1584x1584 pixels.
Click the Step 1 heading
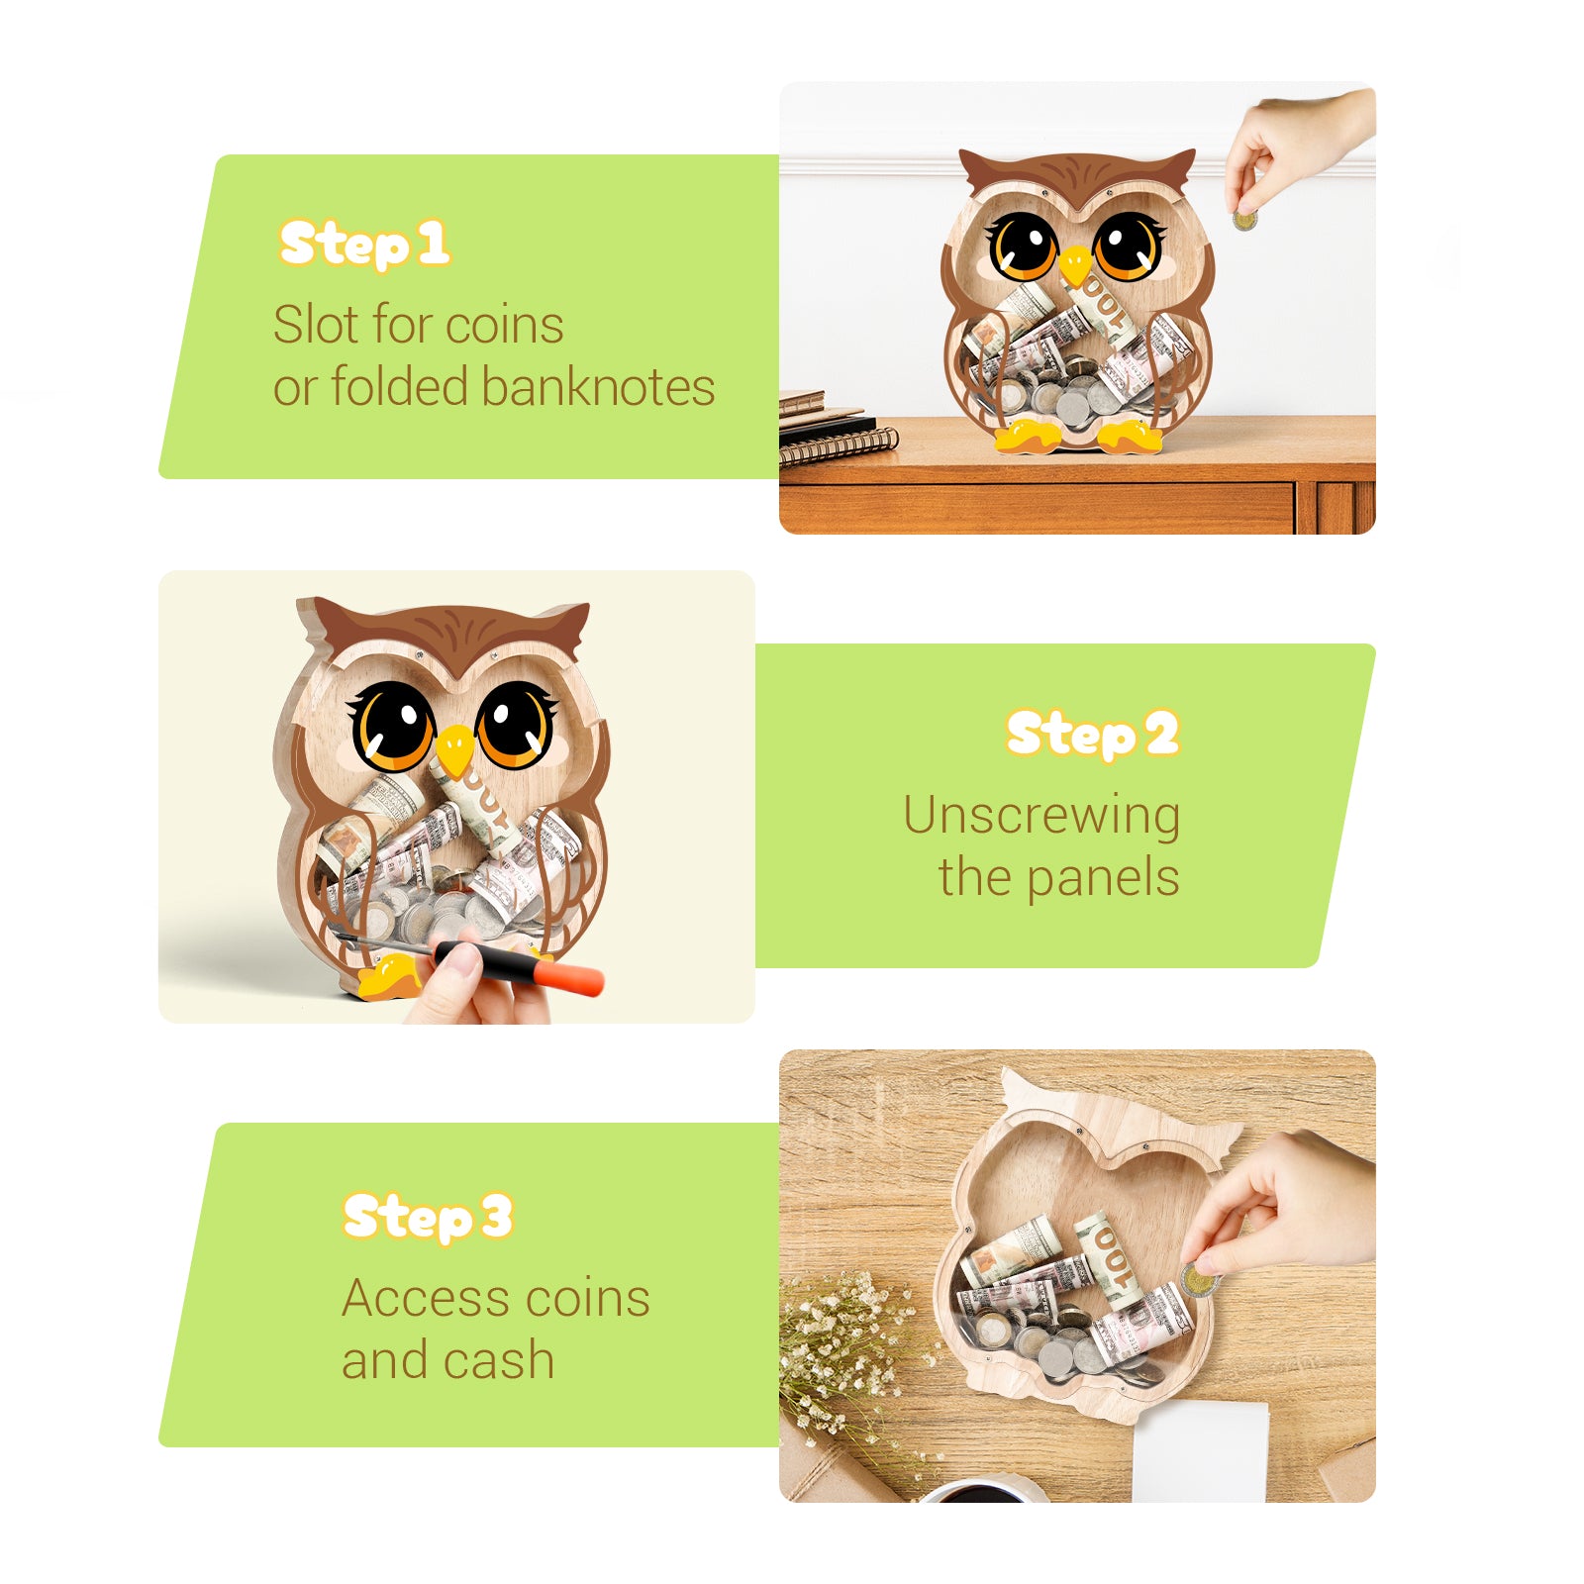363,244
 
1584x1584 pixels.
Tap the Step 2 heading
1092,734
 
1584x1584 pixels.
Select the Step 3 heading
427,1216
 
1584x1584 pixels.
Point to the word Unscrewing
1041,817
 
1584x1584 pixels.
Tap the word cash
498,1360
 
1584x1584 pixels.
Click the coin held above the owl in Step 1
1244,221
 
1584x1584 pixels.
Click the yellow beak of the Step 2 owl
454,749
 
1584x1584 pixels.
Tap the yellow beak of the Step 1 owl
1075,265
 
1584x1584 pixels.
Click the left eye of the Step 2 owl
393,726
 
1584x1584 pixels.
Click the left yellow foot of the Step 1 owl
1027,435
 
